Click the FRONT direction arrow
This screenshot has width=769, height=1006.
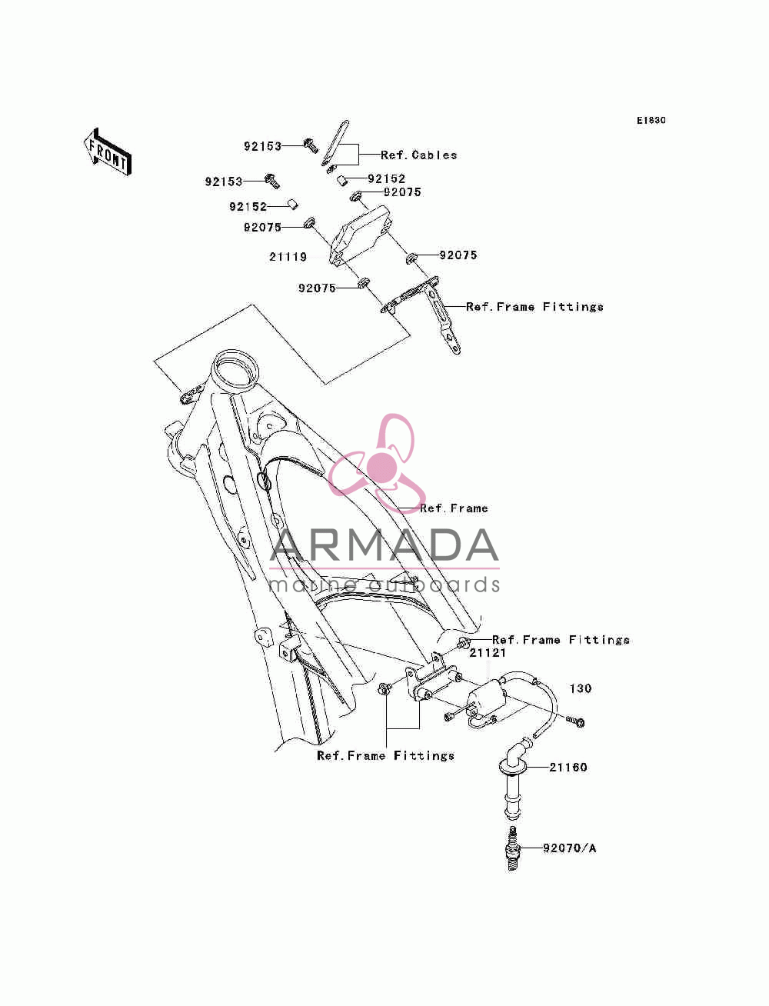tap(108, 152)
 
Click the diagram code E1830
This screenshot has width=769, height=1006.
tap(651, 121)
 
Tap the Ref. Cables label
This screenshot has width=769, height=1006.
tap(419, 155)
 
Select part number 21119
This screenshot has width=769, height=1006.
tap(288, 257)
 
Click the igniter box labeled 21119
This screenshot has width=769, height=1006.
tap(360, 236)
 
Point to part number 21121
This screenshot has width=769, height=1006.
tap(487, 653)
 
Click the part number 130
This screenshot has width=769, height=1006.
tap(580, 688)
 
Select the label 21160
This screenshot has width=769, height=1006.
tap(568, 768)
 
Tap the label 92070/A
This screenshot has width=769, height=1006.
tap(570, 848)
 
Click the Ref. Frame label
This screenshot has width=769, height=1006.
tap(454, 508)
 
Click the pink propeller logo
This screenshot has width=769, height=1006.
tap(377, 463)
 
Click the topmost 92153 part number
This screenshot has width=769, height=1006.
tap(262, 146)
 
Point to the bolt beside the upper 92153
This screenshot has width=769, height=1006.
tap(311, 145)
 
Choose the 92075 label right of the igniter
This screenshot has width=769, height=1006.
tap(458, 255)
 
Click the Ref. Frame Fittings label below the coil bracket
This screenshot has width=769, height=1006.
tap(385, 756)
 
